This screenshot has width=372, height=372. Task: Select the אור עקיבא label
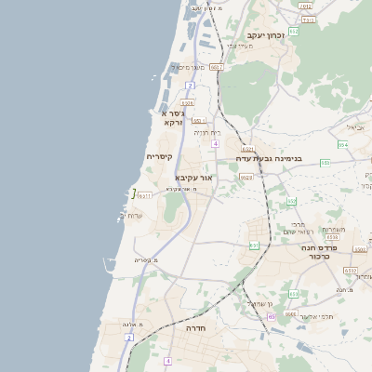tap(194, 177)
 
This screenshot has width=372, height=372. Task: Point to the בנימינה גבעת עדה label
tap(274, 159)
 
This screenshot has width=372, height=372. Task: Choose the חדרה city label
tap(195, 328)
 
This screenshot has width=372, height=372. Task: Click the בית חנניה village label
tap(206, 132)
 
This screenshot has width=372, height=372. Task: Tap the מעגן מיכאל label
tap(186, 67)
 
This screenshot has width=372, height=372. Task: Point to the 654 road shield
tap(343, 144)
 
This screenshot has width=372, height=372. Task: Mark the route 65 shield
tap(272, 317)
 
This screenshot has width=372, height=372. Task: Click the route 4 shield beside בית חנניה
tap(215, 144)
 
